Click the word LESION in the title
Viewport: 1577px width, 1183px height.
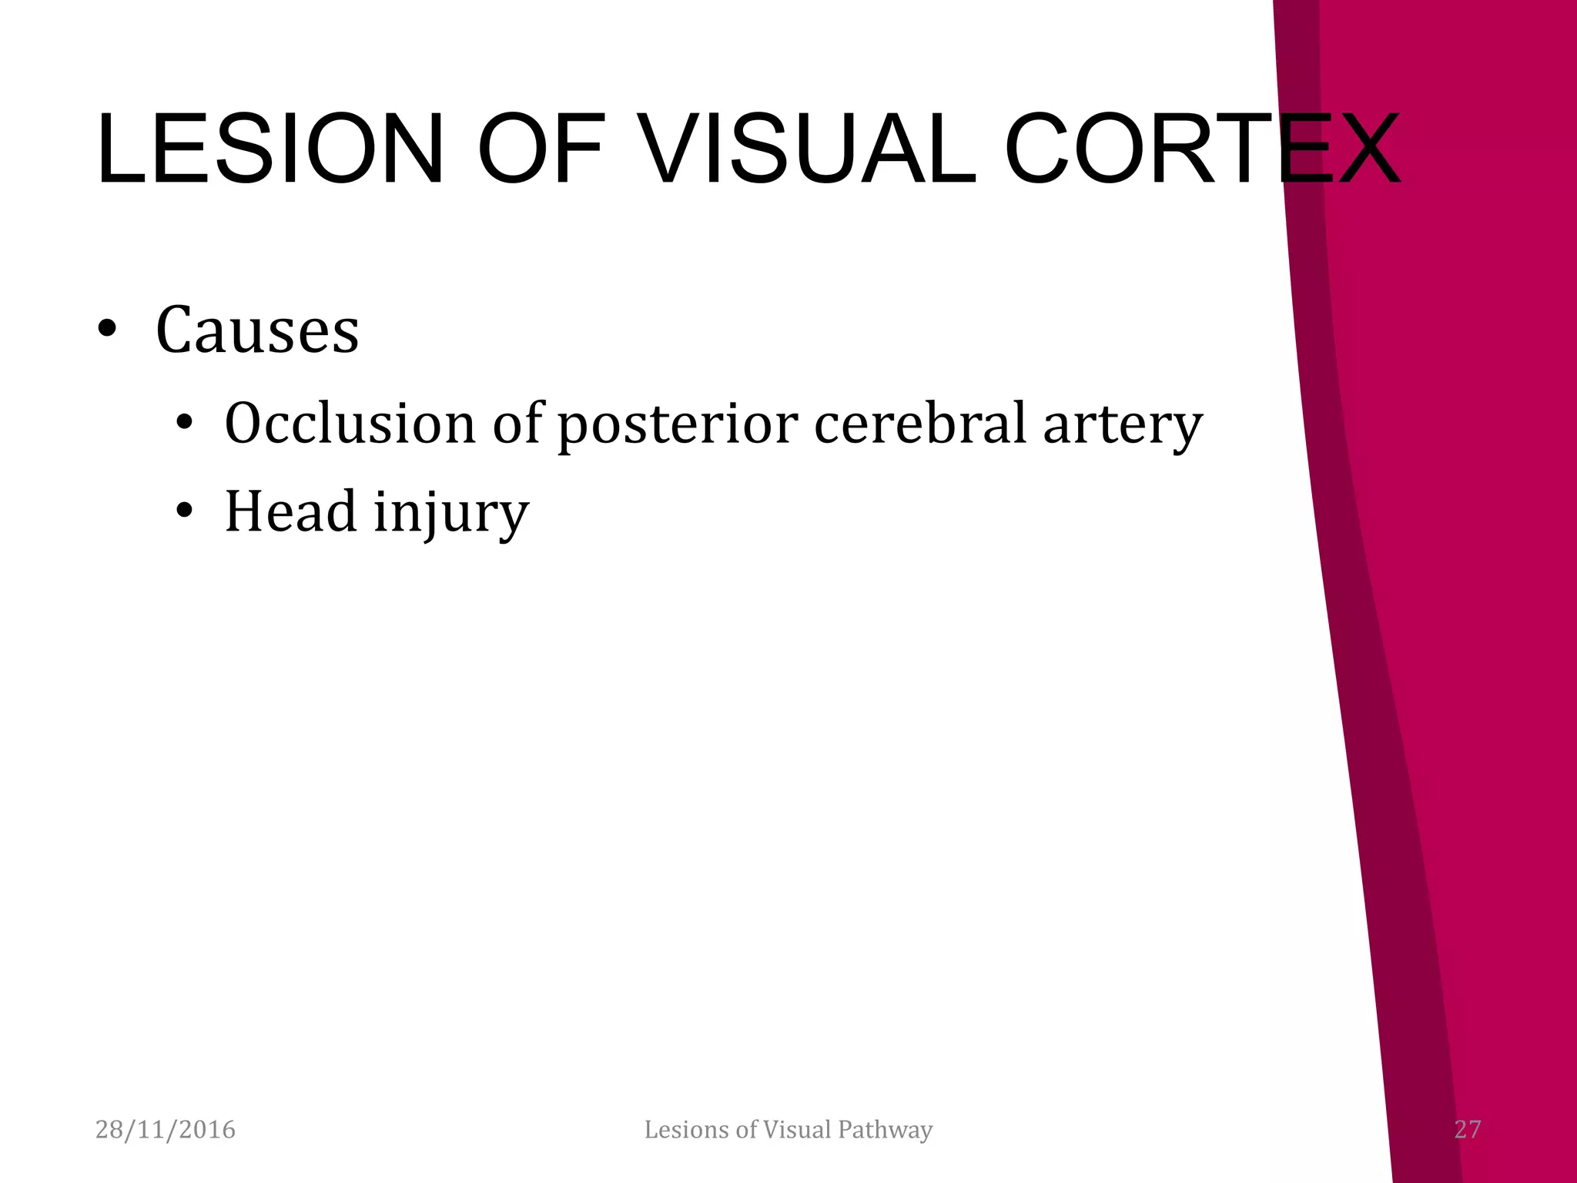click(x=270, y=149)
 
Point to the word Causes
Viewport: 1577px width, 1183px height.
click(x=257, y=330)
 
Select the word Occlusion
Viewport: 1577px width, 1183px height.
click(x=350, y=424)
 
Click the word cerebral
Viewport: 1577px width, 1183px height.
click(x=920, y=424)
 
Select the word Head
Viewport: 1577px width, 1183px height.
click(x=290, y=512)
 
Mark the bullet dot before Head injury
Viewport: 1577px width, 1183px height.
click(x=183, y=511)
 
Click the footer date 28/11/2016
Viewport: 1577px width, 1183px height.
click(x=165, y=1130)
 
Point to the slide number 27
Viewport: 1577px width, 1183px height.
click(x=1467, y=1130)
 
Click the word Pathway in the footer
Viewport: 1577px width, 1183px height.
click(x=885, y=1130)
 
